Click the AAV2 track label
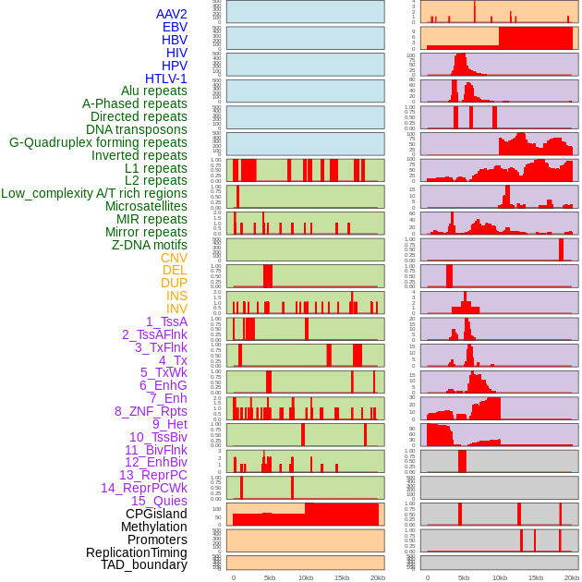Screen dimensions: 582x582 (171, 14)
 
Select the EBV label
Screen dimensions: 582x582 (175, 27)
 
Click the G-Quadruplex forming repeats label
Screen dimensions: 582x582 (98, 142)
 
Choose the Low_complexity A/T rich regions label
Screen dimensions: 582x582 (94, 193)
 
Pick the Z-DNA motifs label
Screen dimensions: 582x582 (149, 245)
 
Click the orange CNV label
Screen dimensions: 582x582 (174, 258)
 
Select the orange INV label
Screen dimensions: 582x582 (176, 309)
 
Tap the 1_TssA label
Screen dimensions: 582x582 (166, 321)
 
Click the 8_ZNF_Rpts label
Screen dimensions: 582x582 (151, 411)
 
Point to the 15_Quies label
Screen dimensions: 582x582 (159, 501)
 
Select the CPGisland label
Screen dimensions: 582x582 (156, 514)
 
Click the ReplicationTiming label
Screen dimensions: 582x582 (137, 552)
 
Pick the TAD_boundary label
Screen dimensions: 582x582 (144, 564)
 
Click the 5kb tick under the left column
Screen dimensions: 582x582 (270, 577)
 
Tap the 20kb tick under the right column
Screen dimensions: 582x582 (572, 577)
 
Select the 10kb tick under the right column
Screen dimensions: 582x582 (500, 577)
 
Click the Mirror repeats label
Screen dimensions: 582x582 (145, 232)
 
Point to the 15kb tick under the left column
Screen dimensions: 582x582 (341, 577)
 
